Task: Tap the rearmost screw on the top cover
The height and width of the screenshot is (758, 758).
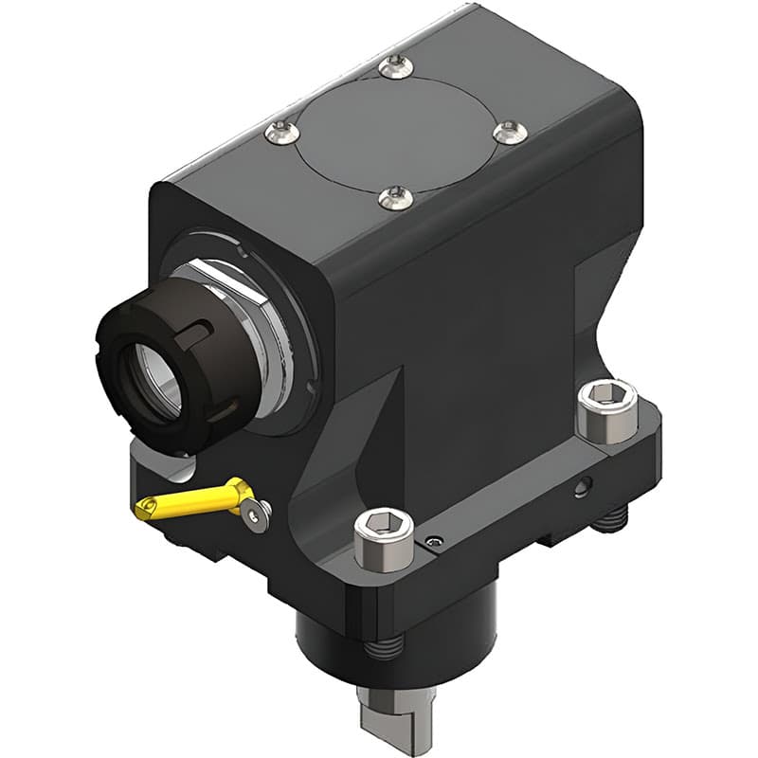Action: pos(395,65)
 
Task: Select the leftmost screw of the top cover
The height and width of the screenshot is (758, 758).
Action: pos(279,134)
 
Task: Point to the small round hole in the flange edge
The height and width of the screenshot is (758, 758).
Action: pos(580,489)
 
